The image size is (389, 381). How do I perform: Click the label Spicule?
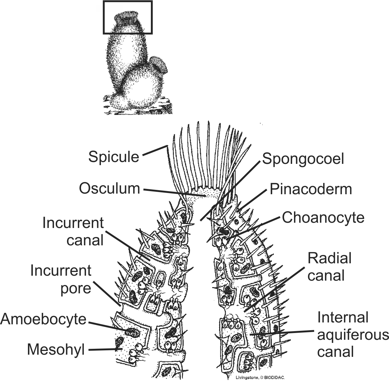point(114,156)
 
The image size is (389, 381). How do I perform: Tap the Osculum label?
point(110,188)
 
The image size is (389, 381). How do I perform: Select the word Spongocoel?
point(303,159)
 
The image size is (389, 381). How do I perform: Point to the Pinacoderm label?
point(311,189)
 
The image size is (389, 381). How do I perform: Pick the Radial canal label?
point(329,267)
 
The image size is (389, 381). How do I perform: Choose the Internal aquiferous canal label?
point(353,335)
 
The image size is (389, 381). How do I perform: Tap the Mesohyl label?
point(56,349)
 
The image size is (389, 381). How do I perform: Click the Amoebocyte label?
point(43,319)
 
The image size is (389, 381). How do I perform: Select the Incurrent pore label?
point(61,279)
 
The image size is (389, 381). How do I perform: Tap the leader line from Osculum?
point(174,192)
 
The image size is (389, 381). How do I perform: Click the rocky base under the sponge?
point(138,107)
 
